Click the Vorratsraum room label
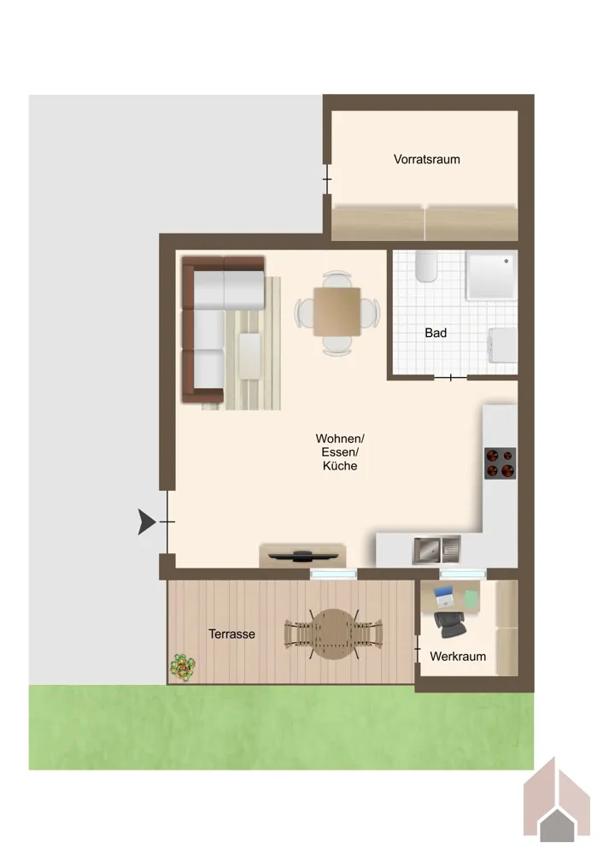coord(426,159)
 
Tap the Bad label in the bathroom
coord(436,333)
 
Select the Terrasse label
coord(231,634)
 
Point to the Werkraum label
coord(458,657)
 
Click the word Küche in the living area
coord(340,466)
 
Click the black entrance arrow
coord(146,522)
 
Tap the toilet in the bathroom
coord(426,266)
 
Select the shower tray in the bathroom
coord(490,275)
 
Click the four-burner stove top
coord(500,463)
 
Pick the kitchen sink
coord(436,550)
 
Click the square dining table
coord(337,312)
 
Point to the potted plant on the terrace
coord(183,666)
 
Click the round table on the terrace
coord(333,634)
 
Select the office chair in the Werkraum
coord(450,624)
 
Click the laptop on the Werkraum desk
coord(444,597)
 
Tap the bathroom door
coord(450,377)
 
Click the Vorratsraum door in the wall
coord(327,179)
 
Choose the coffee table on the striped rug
coord(250,356)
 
